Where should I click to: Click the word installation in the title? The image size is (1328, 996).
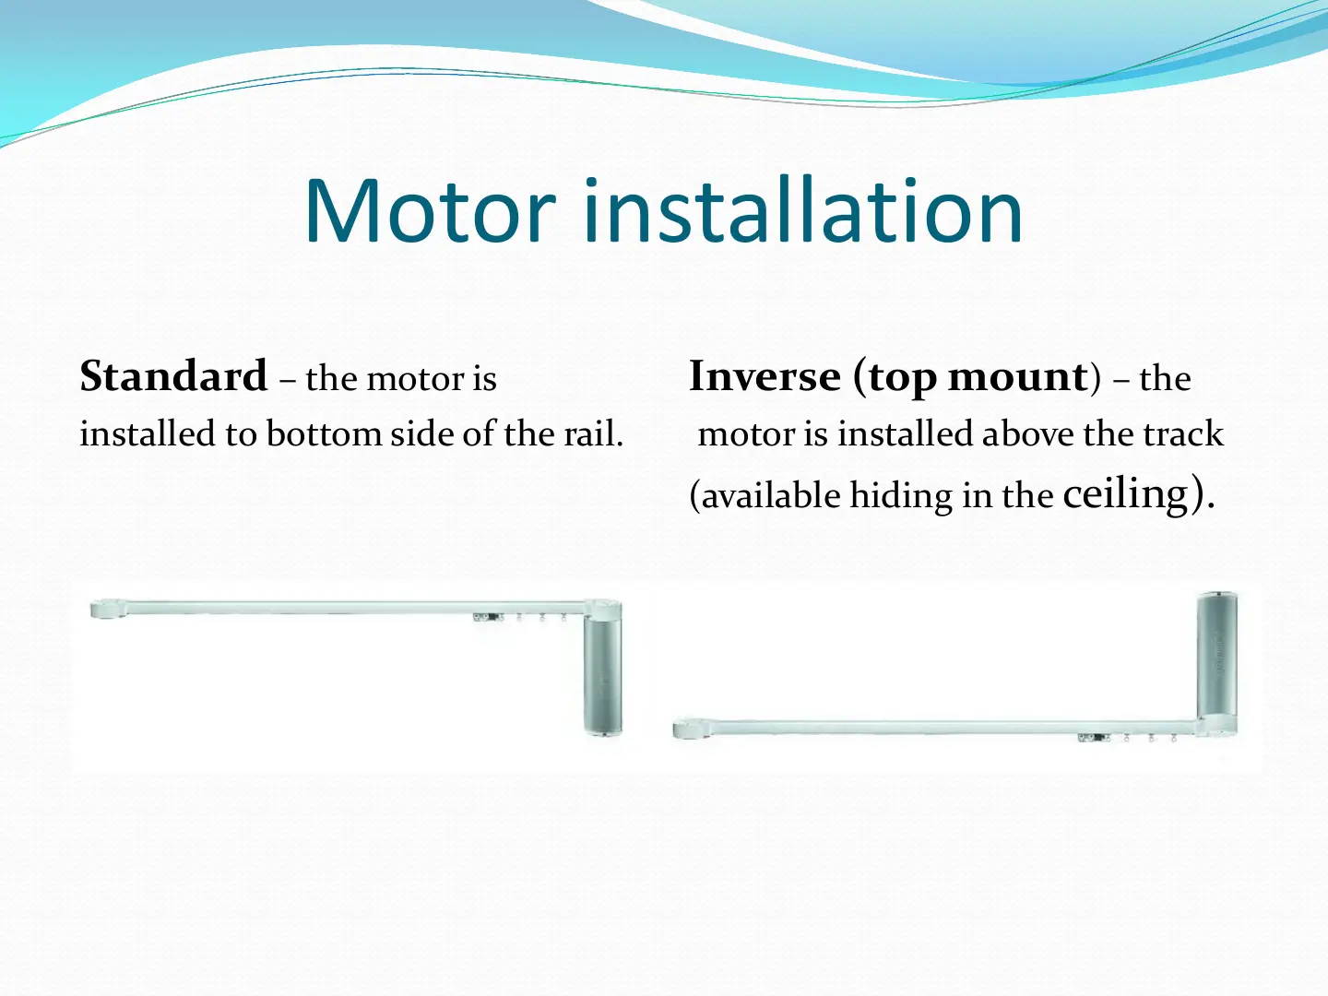(803, 209)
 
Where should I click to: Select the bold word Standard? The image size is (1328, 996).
(173, 376)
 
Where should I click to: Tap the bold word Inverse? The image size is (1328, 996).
(765, 376)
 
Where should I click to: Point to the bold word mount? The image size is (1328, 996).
(1018, 377)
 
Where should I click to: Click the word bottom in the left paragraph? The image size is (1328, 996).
(325, 433)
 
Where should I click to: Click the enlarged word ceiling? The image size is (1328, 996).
(1126, 493)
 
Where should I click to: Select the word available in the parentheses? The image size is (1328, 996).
(771, 495)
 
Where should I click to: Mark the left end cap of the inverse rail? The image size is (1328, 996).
(692, 729)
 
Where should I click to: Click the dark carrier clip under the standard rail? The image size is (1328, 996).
(489, 618)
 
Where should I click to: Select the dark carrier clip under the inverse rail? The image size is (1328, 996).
(1093, 738)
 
